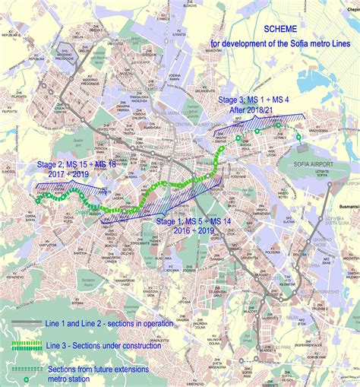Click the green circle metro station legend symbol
coord(26,377)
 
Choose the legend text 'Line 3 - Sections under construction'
coord(114,346)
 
